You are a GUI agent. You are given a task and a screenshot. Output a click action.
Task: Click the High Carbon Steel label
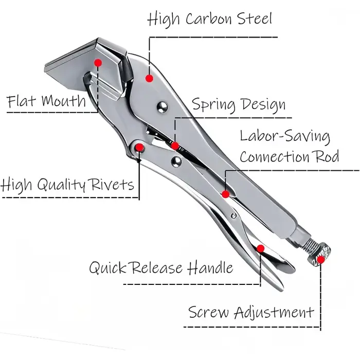[x=209, y=19]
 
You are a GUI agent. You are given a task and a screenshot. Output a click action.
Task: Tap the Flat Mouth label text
[x=46, y=101]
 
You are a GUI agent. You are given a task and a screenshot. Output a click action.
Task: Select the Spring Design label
[x=239, y=104]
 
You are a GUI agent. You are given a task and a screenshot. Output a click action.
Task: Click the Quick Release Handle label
[x=161, y=267]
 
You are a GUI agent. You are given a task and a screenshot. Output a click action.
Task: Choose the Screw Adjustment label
[x=251, y=312]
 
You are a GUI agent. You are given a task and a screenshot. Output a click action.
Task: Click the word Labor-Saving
[x=285, y=136]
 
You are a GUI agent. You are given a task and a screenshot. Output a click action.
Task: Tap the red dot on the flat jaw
[x=98, y=63]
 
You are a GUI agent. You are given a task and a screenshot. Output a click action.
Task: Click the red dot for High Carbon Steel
[x=149, y=78]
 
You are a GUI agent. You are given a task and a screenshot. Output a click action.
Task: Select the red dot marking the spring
[x=175, y=146]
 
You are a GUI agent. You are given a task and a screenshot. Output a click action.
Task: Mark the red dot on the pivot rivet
[x=139, y=148]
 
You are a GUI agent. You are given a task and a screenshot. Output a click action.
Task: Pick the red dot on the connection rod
[x=225, y=194]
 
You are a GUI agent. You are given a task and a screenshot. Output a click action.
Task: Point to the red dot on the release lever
[x=260, y=248]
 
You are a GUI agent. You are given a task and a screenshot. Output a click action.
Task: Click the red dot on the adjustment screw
[x=321, y=260]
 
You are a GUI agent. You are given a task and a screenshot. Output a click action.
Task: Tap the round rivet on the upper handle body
[x=163, y=107]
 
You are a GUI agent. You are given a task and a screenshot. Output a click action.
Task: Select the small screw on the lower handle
[x=233, y=215]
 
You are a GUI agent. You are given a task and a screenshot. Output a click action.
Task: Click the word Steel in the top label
[x=255, y=19]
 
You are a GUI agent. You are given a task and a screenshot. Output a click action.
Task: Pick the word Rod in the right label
[x=327, y=156]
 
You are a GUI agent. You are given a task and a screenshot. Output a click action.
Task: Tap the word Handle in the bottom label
[x=210, y=267]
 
